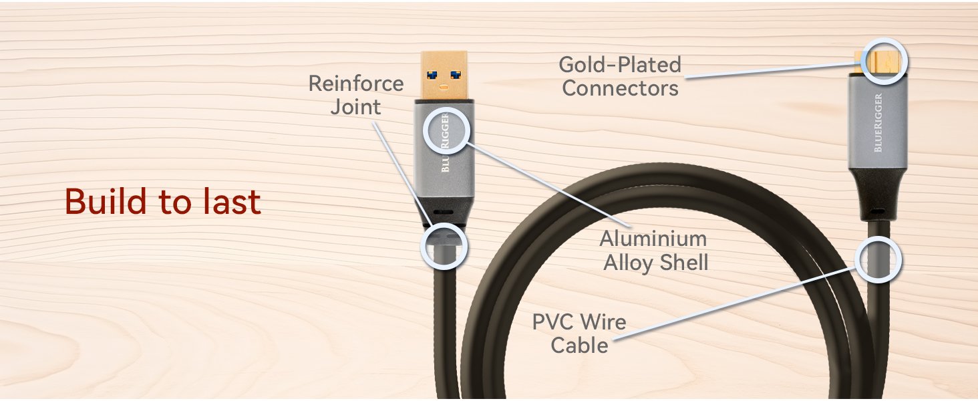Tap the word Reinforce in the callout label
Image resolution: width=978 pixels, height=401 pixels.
click(x=355, y=84)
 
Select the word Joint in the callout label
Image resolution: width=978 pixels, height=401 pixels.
click(x=355, y=107)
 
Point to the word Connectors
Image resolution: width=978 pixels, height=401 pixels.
click(x=620, y=88)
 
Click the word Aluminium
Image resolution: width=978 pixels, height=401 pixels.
click(x=652, y=239)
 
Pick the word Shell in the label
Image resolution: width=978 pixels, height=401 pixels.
click(x=683, y=263)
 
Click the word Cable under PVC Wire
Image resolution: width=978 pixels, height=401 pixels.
click(x=579, y=346)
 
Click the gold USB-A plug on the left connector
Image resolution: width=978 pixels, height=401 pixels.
click(x=446, y=75)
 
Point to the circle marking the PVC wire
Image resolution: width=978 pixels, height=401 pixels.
click(x=878, y=259)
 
